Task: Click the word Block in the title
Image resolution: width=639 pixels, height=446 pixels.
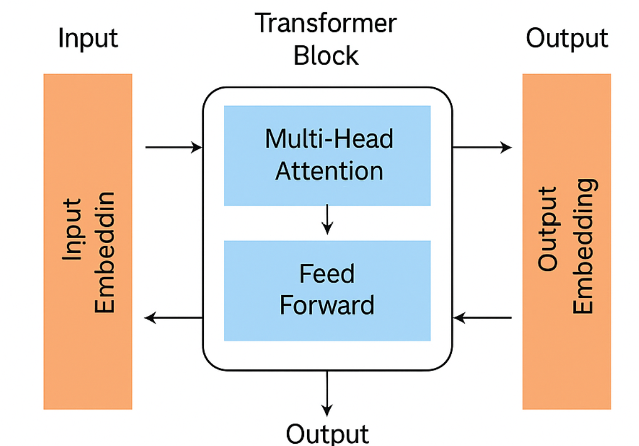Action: tap(326, 56)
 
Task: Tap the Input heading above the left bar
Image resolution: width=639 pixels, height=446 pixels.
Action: tap(88, 39)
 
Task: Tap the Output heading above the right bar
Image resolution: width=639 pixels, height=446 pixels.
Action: tap(566, 39)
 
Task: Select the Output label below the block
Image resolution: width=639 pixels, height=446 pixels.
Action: tap(327, 433)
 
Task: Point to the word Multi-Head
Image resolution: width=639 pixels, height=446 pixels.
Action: tap(329, 139)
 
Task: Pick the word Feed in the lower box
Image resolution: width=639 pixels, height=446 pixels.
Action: tap(327, 274)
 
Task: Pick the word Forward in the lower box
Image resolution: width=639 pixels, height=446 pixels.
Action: tap(327, 305)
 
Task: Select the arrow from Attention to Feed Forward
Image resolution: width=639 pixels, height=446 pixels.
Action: tap(328, 220)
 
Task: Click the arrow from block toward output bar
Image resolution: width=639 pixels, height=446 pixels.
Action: tap(481, 148)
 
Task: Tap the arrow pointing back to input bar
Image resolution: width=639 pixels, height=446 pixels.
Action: tap(173, 318)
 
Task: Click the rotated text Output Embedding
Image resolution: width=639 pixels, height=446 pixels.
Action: tap(566, 246)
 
